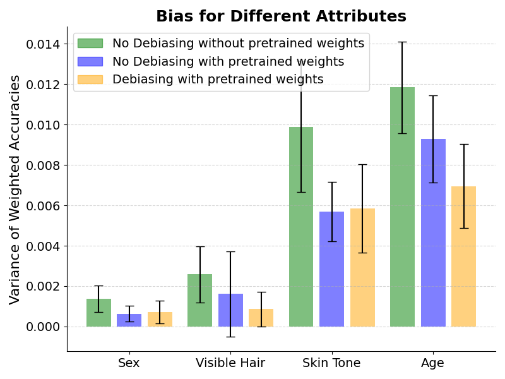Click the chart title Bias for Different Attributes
point(281,16)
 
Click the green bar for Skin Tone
point(301,227)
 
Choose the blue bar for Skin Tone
point(331,269)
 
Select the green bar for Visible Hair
point(199,300)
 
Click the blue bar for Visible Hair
point(230,310)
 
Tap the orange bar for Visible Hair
point(261,318)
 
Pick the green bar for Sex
point(98,313)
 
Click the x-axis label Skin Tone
point(331,363)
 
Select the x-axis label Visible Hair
point(230,363)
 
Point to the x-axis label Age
point(432,363)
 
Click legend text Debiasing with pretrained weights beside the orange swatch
point(218,79)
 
